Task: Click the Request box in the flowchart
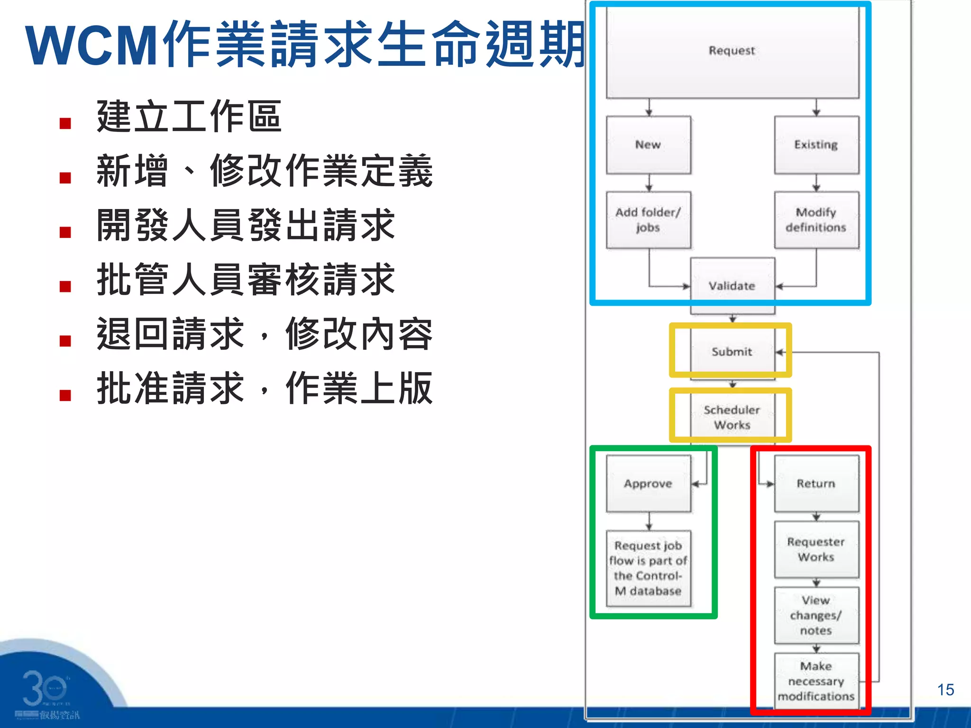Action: coord(732,51)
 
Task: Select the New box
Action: coord(648,145)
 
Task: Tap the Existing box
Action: coord(816,145)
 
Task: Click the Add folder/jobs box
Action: coord(648,220)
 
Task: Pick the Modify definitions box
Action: coord(816,220)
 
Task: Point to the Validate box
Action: coord(732,286)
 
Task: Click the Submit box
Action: coord(732,352)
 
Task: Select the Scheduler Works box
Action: coord(732,417)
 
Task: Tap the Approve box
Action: coord(648,483)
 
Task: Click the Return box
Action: coord(816,483)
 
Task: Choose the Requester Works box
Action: coord(816,549)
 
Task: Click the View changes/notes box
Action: coord(816,615)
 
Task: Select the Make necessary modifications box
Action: coord(816,681)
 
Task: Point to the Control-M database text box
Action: coord(648,568)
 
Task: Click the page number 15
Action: coord(945,690)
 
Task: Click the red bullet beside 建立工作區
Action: coord(65,124)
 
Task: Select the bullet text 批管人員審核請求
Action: coord(246,280)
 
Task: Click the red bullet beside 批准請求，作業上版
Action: coord(65,396)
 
